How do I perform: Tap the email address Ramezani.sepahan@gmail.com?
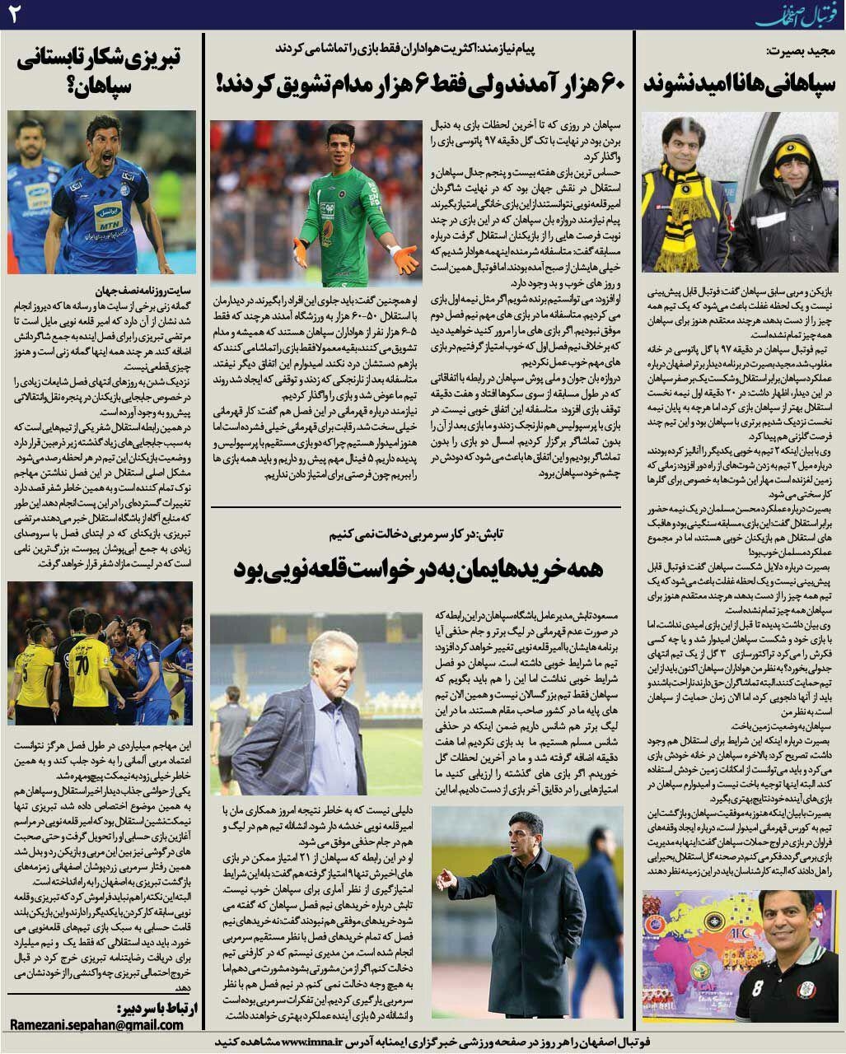click(96, 1025)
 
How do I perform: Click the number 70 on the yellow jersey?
click(82, 663)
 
